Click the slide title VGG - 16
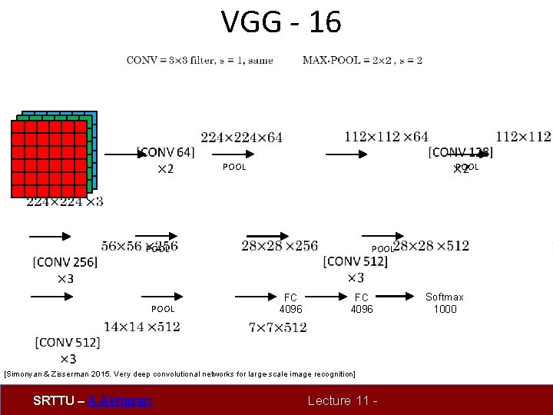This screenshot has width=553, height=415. tap(281, 22)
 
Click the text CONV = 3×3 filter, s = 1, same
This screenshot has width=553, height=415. tap(200, 60)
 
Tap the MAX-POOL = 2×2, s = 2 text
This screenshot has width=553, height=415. tap(363, 60)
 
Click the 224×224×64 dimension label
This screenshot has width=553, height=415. tap(241, 138)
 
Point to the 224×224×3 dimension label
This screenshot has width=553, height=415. tap(65, 201)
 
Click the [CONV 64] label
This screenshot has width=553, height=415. tap(165, 152)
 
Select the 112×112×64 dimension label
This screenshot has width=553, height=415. tap(386, 137)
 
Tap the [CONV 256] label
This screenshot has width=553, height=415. tap(65, 262)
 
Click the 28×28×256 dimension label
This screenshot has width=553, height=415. tap(280, 246)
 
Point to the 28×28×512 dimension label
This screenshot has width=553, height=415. tap(431, 246)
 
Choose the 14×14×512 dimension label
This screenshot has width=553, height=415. tap(142, 327)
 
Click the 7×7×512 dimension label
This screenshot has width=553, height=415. tap(278, 327)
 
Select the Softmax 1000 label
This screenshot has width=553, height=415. tap(445, 303)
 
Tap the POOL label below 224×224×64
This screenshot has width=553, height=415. tap(234, 168)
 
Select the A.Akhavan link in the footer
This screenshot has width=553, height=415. tap(120, 400)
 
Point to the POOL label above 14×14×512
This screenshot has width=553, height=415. tap(163, 309)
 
